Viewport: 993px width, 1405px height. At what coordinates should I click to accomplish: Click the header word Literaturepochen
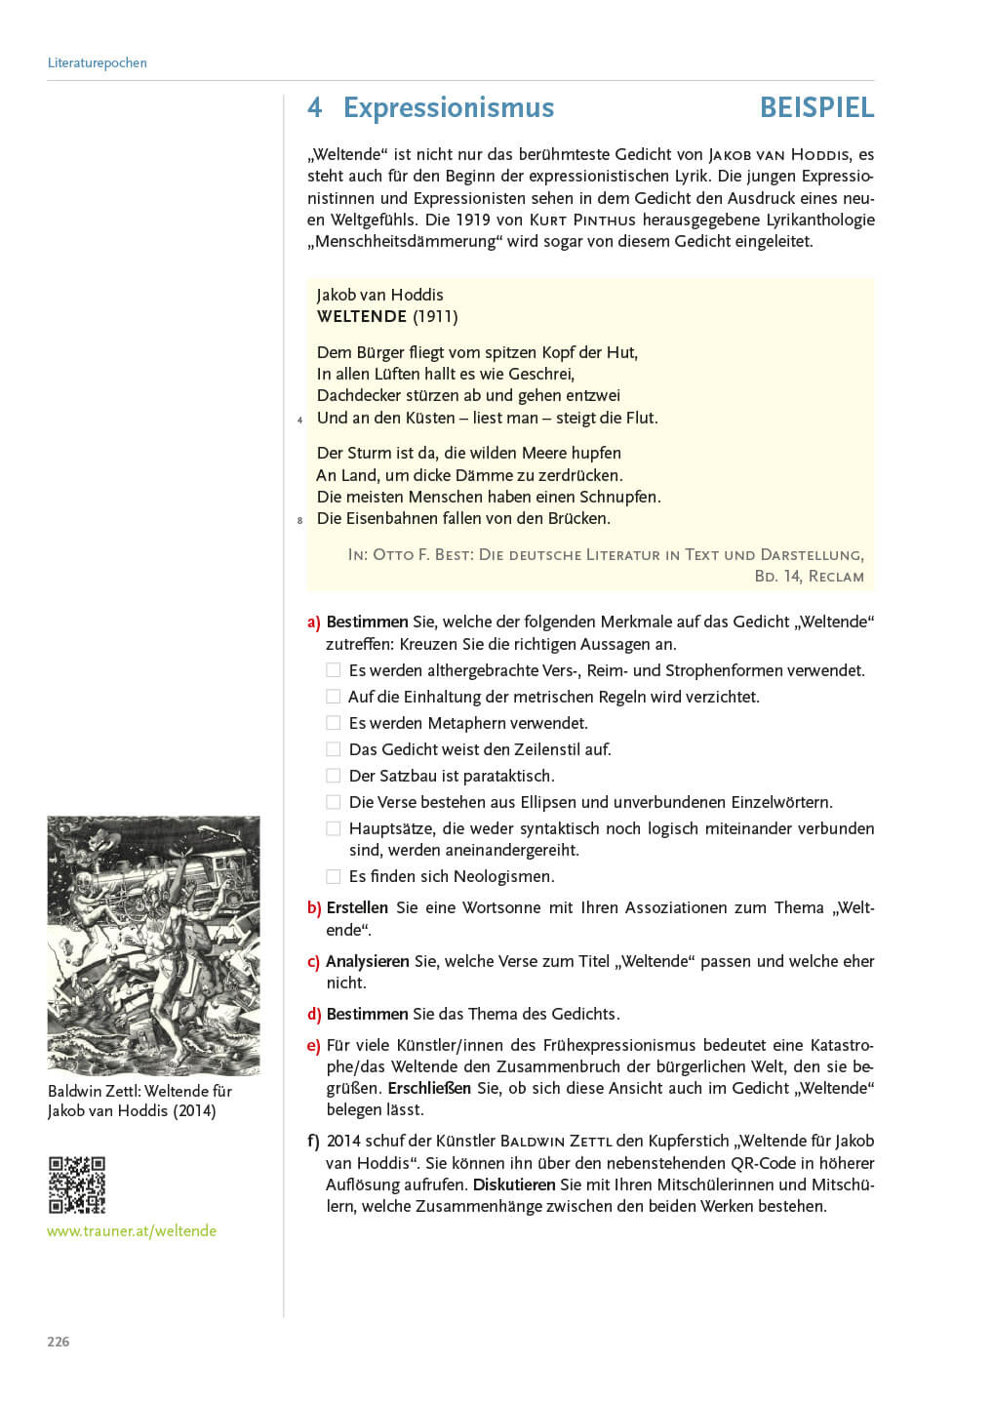(x=97, y=62)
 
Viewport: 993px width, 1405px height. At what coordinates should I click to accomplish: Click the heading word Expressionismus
(x=448, y=107)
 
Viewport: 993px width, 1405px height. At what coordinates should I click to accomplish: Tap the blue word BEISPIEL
(x=816, y=107)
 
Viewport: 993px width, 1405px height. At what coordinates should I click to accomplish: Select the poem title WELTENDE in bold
(x=361, y=316)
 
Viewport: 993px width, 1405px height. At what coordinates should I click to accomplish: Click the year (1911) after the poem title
(x=435, y=316)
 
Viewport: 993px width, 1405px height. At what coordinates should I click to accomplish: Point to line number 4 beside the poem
(x=299, y=421)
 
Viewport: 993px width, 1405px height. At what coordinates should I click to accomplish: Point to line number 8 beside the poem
(x=299, y=521)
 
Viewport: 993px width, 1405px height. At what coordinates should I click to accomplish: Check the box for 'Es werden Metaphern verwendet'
(x=334, y=723)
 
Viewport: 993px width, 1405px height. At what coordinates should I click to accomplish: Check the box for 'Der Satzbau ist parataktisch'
(x=334, y=776)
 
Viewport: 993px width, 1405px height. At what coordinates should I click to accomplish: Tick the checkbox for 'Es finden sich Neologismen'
(x=334, y=876)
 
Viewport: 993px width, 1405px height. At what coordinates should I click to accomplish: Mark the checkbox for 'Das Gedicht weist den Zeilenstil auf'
(x=334, y=749)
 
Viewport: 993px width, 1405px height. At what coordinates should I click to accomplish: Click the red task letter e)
(x=313, y=1046)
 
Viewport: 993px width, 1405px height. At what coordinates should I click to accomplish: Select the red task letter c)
(x=313, y=962)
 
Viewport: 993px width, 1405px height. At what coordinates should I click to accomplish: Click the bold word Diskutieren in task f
(x=513, y=1184)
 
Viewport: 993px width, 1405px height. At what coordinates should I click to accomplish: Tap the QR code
(x=77, y=1184)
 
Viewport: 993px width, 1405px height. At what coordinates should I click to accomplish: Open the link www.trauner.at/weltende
(x=132, y=1231)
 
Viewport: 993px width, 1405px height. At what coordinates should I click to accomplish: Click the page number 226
(x=59, y=1342)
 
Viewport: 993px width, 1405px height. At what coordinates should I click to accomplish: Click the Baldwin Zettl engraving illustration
(x=154, y=945)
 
